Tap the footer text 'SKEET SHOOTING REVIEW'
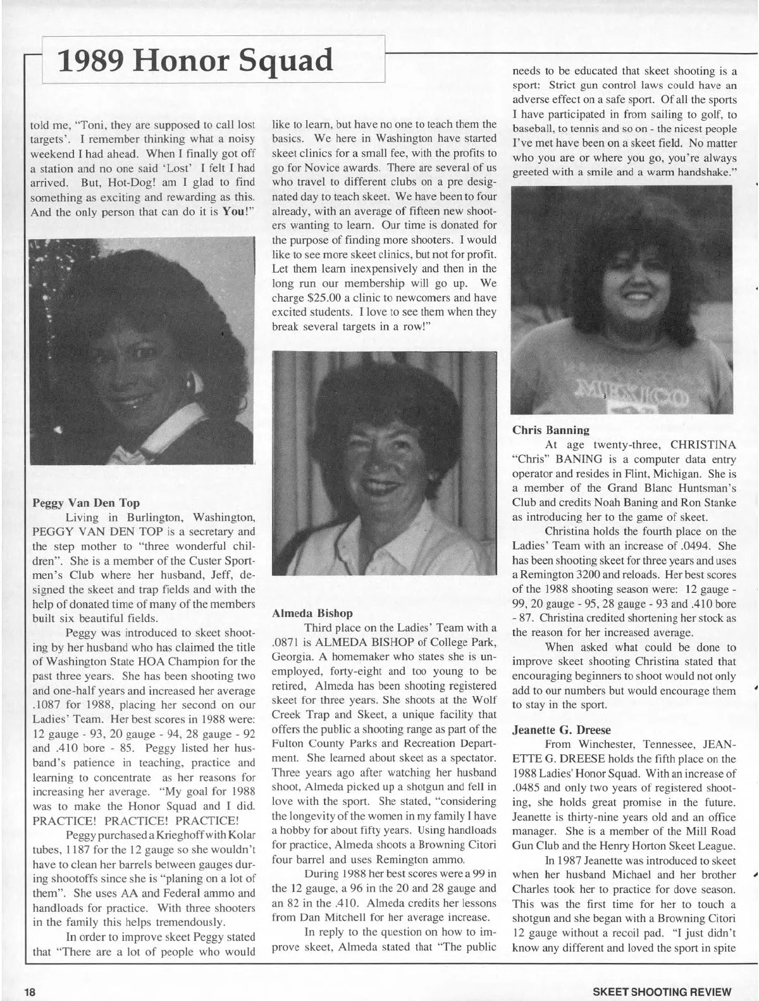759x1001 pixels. pyautogui.click(x=661, y=992)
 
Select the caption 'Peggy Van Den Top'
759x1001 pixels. pyautogui.click(x=86, y=503)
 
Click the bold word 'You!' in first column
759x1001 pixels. pyautogui.click(x=235, y=212)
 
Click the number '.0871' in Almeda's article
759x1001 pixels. pyautogui.click(x=285, y=643)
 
